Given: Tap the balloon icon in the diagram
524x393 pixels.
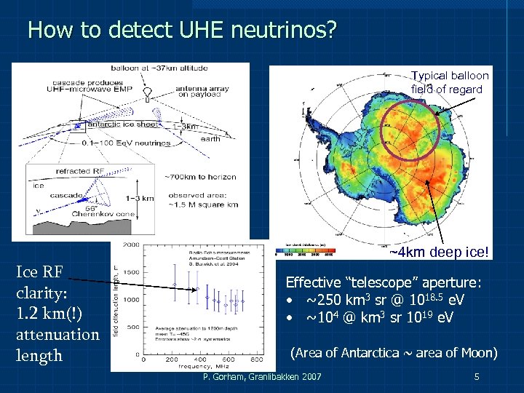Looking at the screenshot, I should [148, 93].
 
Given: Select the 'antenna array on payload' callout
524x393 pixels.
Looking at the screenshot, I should [203, 92].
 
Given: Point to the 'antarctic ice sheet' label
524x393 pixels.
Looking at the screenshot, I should [118, 124].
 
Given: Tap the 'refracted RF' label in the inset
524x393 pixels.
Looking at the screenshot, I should [82, 171].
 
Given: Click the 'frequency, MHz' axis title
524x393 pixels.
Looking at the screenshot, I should [201, 366].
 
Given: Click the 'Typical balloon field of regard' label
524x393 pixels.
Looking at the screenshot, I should [449, 82].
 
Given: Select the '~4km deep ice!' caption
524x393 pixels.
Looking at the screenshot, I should [440, 253].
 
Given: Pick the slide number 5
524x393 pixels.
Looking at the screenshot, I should [476, 377].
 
